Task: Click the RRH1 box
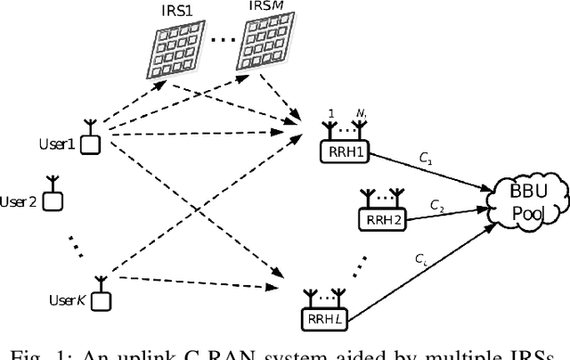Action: (x=344, y=152)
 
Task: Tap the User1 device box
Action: (x=90, y=143)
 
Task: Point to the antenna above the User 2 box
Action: (x=53, y=184)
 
